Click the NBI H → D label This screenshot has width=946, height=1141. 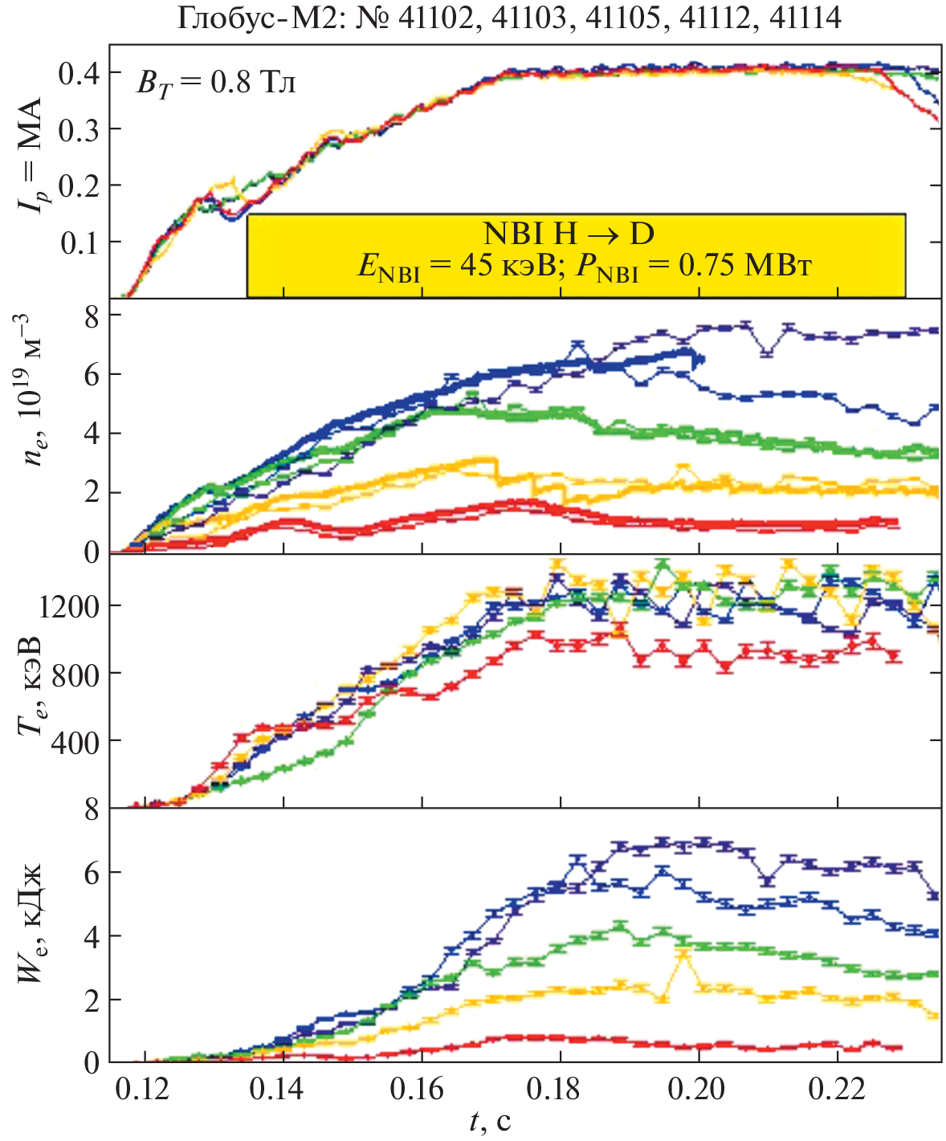tap(569, 234)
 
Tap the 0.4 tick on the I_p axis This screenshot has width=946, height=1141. tap(78, 74)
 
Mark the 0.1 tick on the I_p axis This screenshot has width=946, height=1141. tap(78, 242)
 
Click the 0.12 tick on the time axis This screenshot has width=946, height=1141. tap(143, 1090)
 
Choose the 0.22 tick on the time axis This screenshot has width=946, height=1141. tap(838, 1090)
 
